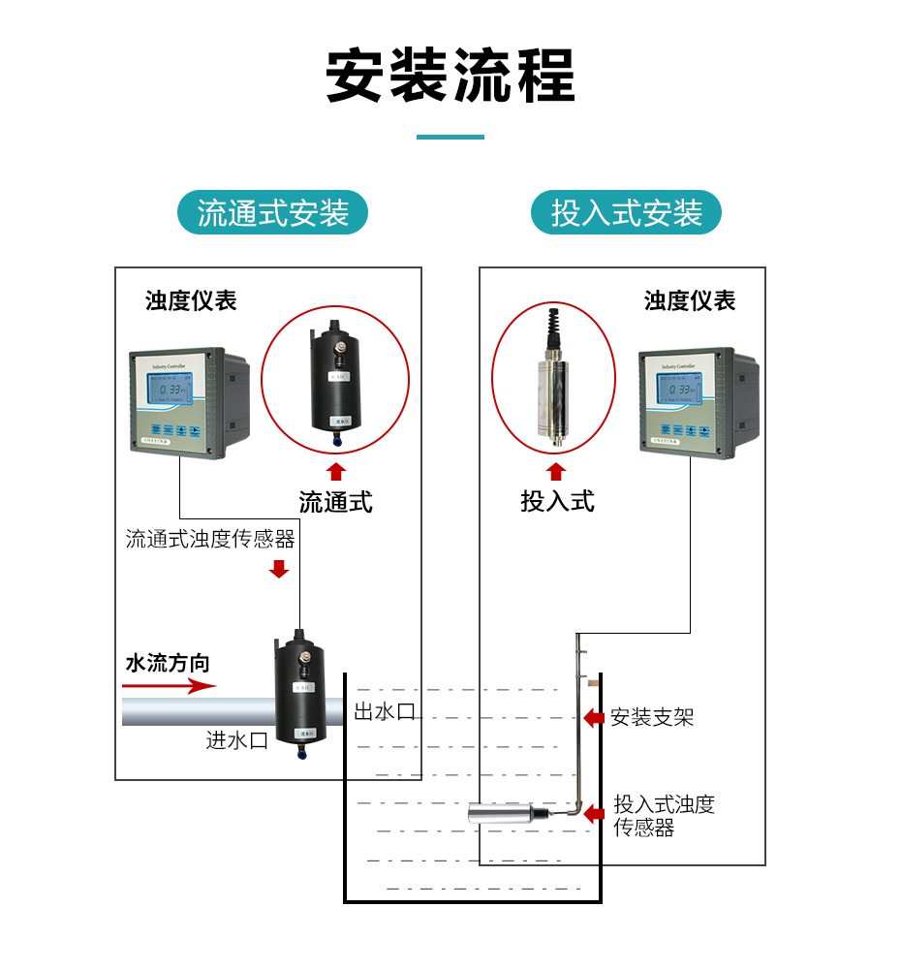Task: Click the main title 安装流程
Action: (x=450, y=75)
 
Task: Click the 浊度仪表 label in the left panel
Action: (x=191, y=300)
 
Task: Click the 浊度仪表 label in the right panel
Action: (x=690, y=300)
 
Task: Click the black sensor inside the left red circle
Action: (x=335, y=382)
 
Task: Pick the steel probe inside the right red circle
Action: (x=552, y=383)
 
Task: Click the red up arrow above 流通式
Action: (x=335, y=472)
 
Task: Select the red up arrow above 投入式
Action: (x=556, y=472)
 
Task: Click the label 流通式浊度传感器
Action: (x=210, y=539)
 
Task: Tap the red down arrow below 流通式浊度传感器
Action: (x=279, y=568)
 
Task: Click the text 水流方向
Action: (x=168, y=664)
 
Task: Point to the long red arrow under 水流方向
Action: (x=169, y=686)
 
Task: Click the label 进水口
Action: (x=236, y=740)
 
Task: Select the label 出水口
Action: (x=384, y=712)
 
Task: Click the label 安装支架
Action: (x=652, y=718)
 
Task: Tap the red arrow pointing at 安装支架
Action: (x=593, y=718)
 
